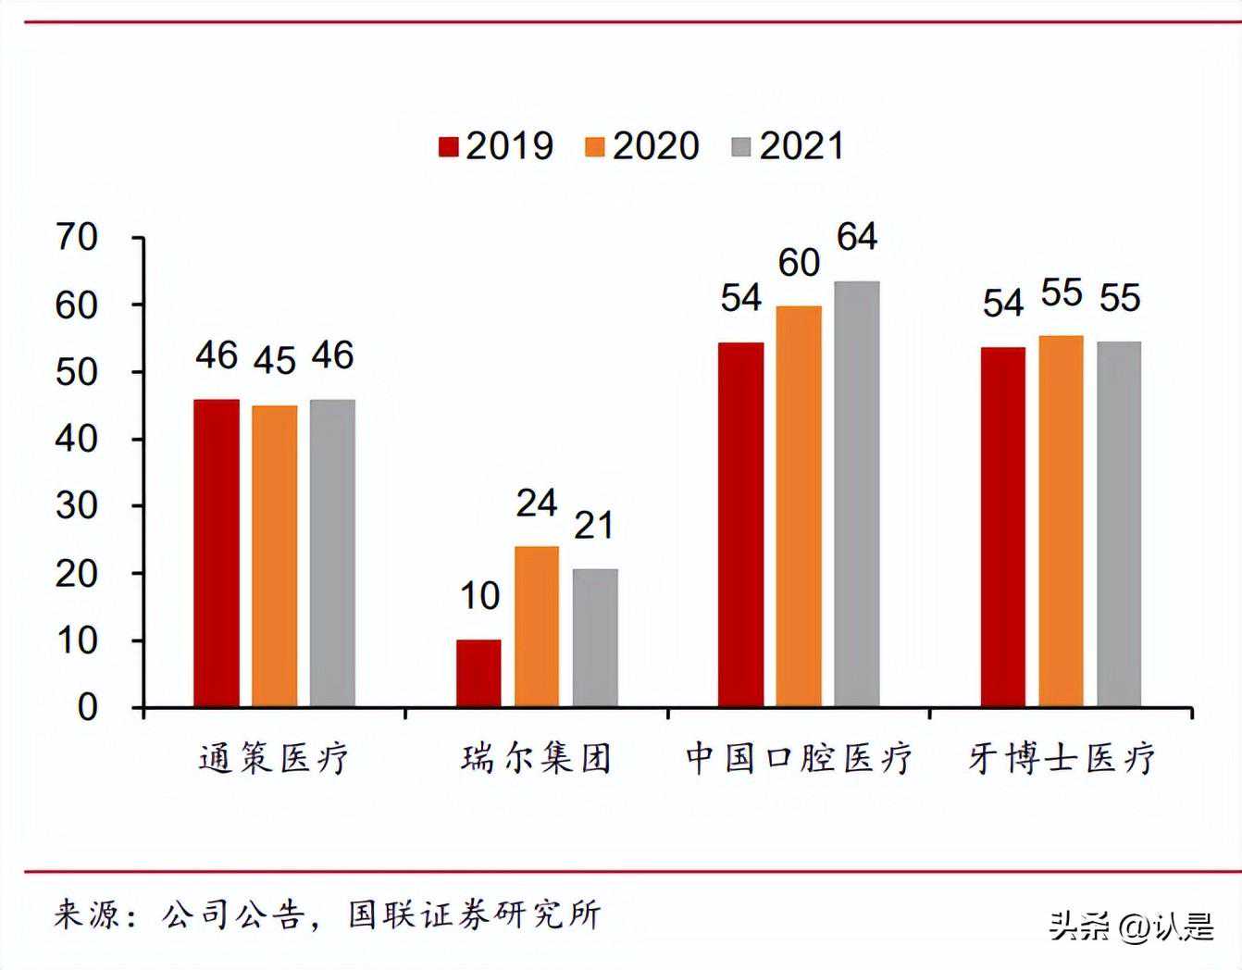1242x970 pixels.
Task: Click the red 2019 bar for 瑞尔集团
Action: point(478,673)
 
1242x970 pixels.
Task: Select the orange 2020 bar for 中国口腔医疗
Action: point(799,506)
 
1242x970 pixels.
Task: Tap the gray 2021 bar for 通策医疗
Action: point(332,553)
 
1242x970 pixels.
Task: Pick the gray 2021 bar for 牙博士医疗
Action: point(1119,524)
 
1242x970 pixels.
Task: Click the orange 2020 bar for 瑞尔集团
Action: point(537,627)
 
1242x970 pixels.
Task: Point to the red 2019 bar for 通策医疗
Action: point(217,553)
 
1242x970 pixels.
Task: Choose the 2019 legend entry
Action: point(496,146)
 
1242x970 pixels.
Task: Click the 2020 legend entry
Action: point(642,146)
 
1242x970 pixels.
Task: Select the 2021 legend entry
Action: point(789,146)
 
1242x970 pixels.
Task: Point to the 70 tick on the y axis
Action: point(77,238)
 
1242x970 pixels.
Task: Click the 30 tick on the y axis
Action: point(77,506)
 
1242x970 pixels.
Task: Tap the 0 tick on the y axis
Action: point(87,708)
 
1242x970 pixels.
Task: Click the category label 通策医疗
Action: point(274,758)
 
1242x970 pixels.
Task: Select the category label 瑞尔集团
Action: point(537,758)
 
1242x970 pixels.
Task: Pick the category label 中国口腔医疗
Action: point(799,758)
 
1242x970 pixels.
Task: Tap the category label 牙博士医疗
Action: point(1062,758)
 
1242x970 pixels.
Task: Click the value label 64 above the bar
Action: point(857,237)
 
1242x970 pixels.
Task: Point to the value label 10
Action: point(479,597)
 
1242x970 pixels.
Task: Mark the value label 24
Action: point(537,504)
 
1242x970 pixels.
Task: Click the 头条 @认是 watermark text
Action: point(1131,926)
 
